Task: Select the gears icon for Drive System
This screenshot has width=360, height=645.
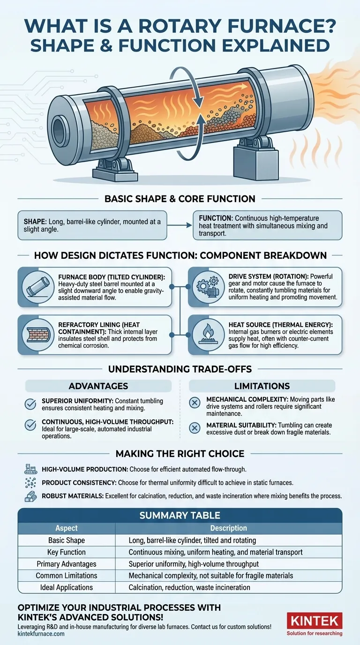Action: click(208, 287)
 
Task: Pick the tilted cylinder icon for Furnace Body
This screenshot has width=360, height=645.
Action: click(38, 287)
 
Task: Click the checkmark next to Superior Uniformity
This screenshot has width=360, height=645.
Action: click(30, 404)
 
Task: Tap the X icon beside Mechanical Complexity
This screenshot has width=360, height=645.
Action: click(195, 403)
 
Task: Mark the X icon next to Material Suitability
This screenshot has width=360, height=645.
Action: click(195, 428)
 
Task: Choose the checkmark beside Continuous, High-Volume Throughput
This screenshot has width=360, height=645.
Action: click(30, 425)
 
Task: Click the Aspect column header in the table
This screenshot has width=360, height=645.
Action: click(67, 528)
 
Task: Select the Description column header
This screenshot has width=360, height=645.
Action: click(229, 528)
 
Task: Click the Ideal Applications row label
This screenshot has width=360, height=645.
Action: click(67, 587)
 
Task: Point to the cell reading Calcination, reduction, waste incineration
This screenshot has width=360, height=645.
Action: click(189, 587)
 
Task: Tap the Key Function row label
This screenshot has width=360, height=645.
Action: click(67, 552)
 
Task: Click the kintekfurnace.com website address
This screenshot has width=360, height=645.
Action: click(41, 634)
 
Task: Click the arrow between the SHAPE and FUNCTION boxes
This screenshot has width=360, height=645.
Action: click(180, 225)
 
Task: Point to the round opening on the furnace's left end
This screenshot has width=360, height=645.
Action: click(60, 129)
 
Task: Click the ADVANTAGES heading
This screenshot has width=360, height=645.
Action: click(98, 386)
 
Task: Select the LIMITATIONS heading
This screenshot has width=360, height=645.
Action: click(262, 386)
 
